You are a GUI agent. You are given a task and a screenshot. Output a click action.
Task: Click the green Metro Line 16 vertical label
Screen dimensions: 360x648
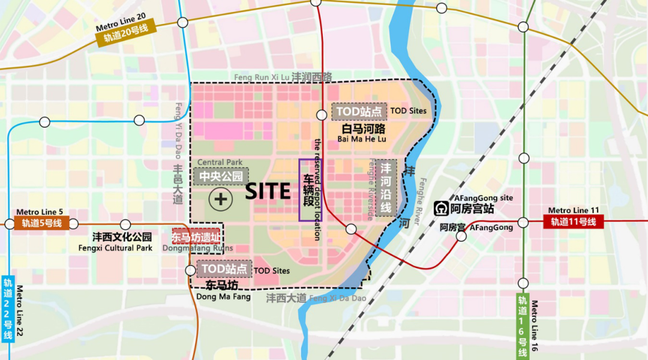tap(523, 325)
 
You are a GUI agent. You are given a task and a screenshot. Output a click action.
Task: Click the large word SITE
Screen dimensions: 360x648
tap(268, 191)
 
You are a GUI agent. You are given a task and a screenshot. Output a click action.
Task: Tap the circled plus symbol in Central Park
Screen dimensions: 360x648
tap(221, 199)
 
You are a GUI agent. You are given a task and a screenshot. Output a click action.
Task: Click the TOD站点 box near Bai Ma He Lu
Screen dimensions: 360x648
tap(359, 112)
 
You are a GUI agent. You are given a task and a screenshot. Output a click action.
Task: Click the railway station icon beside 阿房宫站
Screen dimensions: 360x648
tap(441, 209)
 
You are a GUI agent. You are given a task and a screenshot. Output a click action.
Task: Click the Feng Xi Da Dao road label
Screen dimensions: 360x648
tap(316, 298)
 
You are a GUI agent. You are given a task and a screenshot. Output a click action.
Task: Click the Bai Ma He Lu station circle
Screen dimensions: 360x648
tap(322, 114)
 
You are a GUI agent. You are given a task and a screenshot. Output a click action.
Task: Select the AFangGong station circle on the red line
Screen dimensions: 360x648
tap(461, 236)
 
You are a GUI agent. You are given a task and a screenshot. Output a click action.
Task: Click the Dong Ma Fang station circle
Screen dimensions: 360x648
tap(190, 270)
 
